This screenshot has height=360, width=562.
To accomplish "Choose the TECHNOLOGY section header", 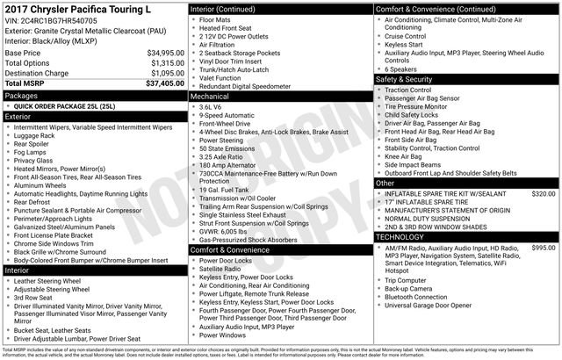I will pos(404,237).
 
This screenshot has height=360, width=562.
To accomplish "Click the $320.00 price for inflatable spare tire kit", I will pos(544,193).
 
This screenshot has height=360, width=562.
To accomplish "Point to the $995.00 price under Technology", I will pos(544,248).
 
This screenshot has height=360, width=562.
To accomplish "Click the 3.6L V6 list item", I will pos(216,106).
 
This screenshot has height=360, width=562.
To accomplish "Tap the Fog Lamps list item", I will pos(34,152).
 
